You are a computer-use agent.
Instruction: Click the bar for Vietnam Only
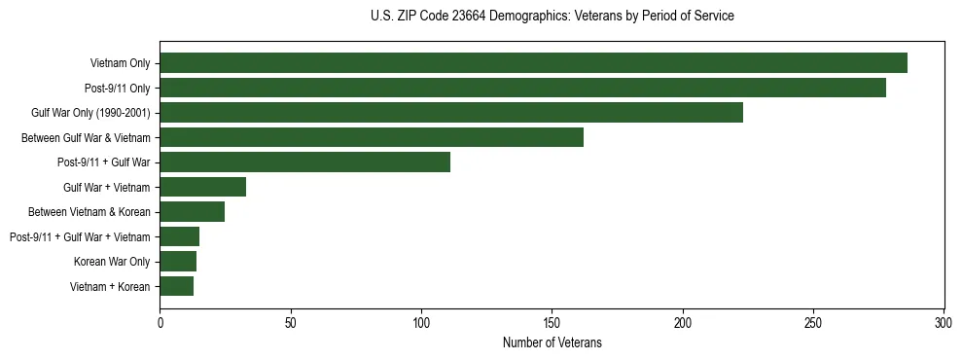[x=533, y=63]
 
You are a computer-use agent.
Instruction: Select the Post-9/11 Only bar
[x=522, y=88]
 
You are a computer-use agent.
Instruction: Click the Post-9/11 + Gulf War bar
[x=304, y=162]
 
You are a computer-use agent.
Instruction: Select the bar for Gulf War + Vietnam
[x=202, y=187]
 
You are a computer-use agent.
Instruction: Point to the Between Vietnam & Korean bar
[x=192, y=211]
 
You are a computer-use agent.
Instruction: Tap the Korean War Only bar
[x=178, y=261]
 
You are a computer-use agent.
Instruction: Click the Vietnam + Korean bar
[x=176, y=286]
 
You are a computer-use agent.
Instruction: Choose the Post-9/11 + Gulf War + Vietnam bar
[x=179, y=236]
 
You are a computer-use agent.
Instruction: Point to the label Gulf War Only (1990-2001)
[x=90, y=114]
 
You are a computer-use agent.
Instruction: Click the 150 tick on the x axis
[x=552, y=322]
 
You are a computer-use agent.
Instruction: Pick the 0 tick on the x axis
[x=160, y=322]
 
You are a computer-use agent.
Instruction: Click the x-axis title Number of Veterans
[x=552, y=342]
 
